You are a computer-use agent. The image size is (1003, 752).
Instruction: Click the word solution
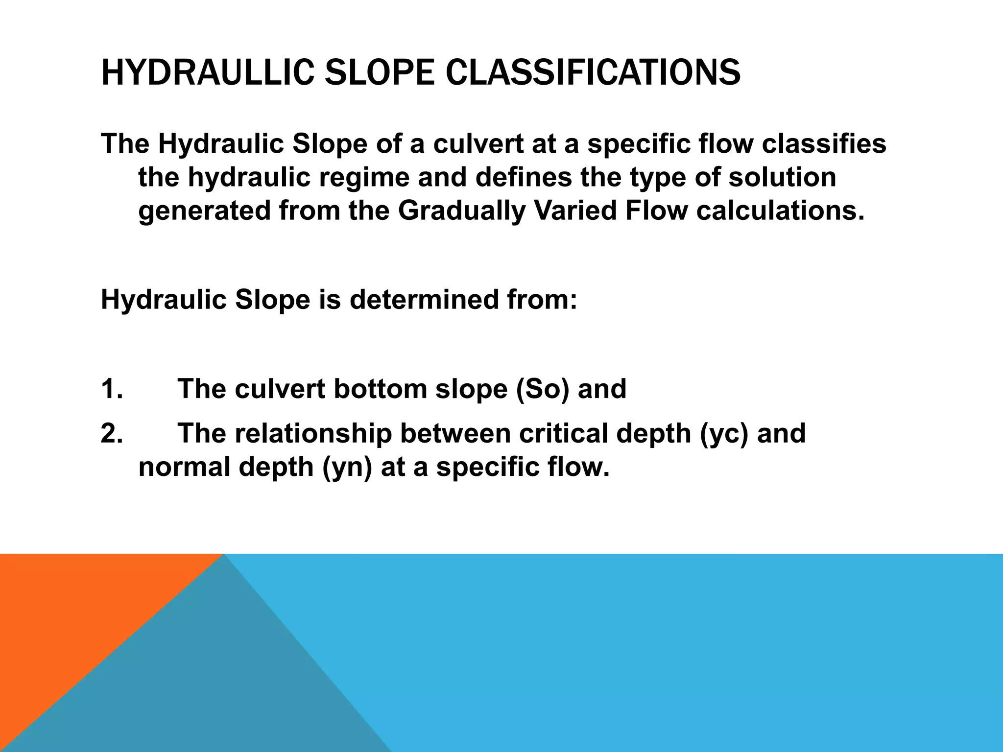tap(782, 177)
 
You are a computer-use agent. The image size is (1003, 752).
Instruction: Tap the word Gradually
tap(461, 211)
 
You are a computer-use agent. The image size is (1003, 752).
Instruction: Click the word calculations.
tap(780, 211)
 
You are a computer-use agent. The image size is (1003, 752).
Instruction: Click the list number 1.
tap(112, 389)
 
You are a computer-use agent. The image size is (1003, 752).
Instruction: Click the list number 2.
tap(112, 433)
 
